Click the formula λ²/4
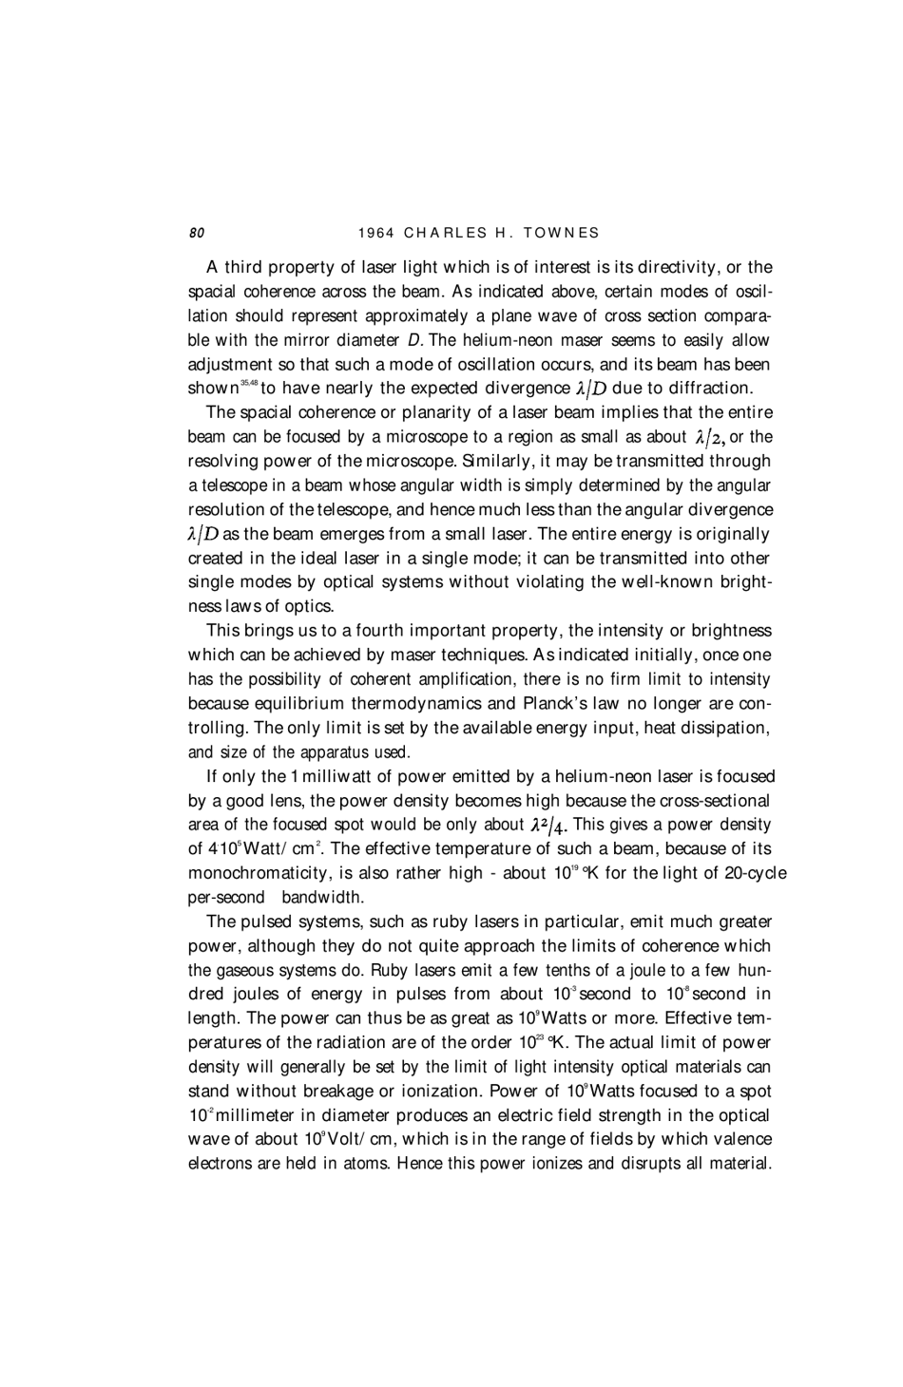[x=550, y=825]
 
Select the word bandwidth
[x=322, y=897]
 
